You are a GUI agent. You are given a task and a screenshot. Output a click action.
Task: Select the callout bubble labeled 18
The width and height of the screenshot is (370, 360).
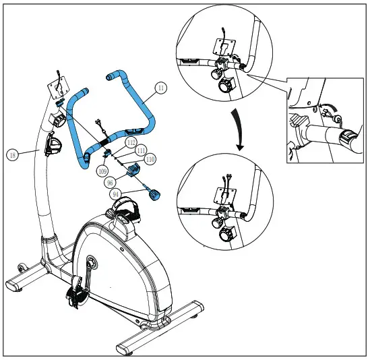12,154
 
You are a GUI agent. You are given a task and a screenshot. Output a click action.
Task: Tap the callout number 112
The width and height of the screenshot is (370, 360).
131,143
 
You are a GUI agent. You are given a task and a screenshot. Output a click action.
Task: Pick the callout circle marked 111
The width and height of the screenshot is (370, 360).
141,151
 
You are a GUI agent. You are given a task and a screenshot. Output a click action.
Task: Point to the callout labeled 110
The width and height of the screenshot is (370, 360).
150,159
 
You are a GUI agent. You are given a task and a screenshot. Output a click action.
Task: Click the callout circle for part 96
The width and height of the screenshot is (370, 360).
109,182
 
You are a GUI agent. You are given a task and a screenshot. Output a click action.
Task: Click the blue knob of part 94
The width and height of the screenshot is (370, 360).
156,196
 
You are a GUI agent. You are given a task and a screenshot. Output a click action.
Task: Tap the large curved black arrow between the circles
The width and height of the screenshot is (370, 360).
238,125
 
